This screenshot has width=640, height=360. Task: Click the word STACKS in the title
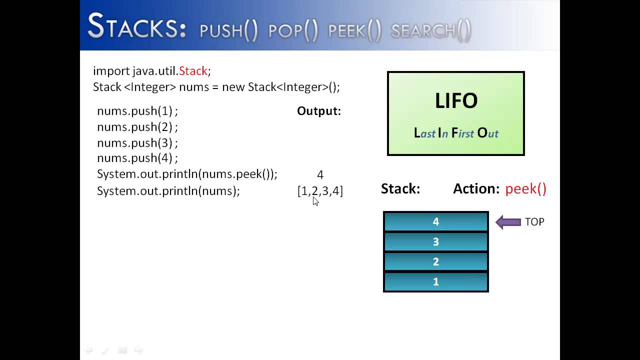click(136, 27)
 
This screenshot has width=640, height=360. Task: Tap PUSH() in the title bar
click(228, 31)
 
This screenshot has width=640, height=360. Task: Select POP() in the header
click(293, 31)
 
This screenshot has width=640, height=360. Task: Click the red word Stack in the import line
click(193, 71)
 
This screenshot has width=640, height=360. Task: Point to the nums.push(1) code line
click(137, 111)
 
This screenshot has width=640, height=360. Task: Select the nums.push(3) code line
click(137, 143)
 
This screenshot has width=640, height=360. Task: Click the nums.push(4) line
click(137, 158)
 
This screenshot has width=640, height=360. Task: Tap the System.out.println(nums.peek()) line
click(187, 174)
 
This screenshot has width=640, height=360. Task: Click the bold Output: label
click(319, 111)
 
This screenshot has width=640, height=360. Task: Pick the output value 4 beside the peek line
click(320, 175)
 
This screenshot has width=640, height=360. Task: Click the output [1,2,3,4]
click(320, 191)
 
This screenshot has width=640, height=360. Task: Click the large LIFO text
click(456, 101)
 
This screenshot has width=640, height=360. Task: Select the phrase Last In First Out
click(456, 133)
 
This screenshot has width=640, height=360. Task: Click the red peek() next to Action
click(525, 189)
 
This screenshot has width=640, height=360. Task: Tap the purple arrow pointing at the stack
click(508, 222)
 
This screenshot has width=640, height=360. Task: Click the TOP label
click(534, 222)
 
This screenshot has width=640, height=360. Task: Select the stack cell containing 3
click(435, 242)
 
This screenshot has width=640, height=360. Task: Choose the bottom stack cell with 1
click(435, 282)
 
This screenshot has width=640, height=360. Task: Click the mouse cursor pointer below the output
click(315, 201)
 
